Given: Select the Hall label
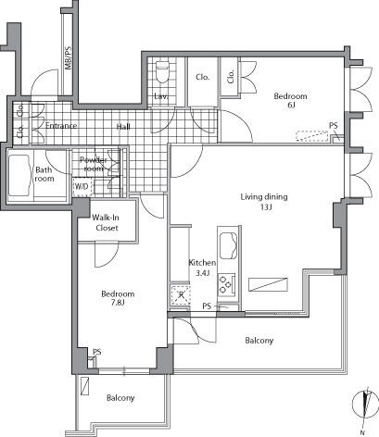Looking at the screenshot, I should pos(123,127).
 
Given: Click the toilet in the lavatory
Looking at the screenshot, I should pos(162,69).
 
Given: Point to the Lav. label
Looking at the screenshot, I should pos(160,96).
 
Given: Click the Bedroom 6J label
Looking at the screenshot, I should pos(290,100).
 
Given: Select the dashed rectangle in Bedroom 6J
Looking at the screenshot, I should pos(311,136).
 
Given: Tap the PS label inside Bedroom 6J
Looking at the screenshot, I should pos(333,127).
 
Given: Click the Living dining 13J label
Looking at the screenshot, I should pos(264,202).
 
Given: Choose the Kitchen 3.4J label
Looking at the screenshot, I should pos(201,268).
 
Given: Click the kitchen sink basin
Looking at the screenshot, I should pos(225,245).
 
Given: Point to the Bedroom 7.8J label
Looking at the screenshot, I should pos(118,299).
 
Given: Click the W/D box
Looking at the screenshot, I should pos(82,186).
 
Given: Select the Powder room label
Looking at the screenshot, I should pos(96,164).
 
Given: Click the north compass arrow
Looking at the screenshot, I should pos(367,405).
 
